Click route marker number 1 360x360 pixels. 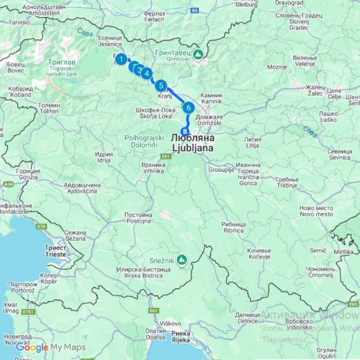coord(121,58)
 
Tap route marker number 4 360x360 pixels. coord(147,73)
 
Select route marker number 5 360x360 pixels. coord(161,86)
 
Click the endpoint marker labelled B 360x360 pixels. coord(184,131)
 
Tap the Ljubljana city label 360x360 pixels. coord(192,143)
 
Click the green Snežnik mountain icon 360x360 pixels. coord(181,260)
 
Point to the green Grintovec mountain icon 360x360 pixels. coord(198,54)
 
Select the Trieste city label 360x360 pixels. coord(56,251)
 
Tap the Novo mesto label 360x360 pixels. coord(316,210)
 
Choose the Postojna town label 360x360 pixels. coord(138,218)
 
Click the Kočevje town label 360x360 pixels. coord(260,253)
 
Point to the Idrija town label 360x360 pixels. coord(104,157)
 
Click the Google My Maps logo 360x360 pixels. coord(51,348)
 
